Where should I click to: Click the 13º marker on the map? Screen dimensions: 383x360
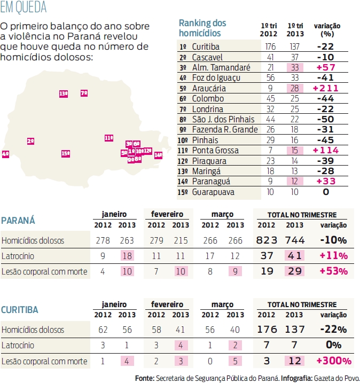tap(64, 93)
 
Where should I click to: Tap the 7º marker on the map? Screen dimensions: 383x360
tap(84, 93)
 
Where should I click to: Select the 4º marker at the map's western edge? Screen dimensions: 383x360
tap(5, 154)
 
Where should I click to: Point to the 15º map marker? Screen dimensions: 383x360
tap(66, 153)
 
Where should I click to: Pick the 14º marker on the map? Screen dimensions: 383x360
tap(158, 155)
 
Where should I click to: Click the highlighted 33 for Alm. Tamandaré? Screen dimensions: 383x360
tap(292, 67)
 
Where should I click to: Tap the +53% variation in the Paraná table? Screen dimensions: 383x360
tap(333, 271)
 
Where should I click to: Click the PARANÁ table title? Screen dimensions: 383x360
tap(18, 220)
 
